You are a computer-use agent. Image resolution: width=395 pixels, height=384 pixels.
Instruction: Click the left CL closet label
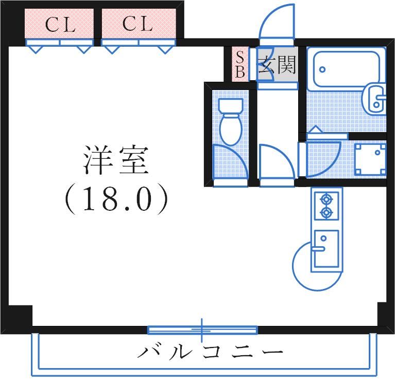[60, 25]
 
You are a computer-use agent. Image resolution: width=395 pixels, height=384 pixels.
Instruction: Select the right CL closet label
[138, 24]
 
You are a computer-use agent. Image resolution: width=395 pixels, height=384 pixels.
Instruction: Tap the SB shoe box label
[240, 64]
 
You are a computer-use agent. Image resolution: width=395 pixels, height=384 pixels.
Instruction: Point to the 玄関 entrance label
[277, 65]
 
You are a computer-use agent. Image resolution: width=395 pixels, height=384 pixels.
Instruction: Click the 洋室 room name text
[115, 160]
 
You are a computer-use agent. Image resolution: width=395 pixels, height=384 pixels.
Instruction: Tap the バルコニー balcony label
[210, 353]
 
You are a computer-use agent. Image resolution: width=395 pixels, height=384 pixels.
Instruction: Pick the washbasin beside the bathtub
[376, 98]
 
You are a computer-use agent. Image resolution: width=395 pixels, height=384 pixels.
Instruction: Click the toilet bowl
[230, 130]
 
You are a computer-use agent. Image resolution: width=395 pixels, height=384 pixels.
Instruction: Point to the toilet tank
[230, 106]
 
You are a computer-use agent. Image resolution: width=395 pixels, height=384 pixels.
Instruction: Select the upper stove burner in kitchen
[326, 198]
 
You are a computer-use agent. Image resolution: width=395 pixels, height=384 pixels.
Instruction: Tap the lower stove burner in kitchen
[326, 212]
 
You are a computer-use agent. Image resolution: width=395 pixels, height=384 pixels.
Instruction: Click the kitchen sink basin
[326, 249]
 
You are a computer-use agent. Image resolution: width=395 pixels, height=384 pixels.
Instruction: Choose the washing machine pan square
[370, 158]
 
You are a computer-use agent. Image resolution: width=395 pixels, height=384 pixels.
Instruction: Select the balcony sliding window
[202, 330]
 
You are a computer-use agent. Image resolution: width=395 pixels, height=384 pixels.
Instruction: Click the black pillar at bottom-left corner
[20, 315]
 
